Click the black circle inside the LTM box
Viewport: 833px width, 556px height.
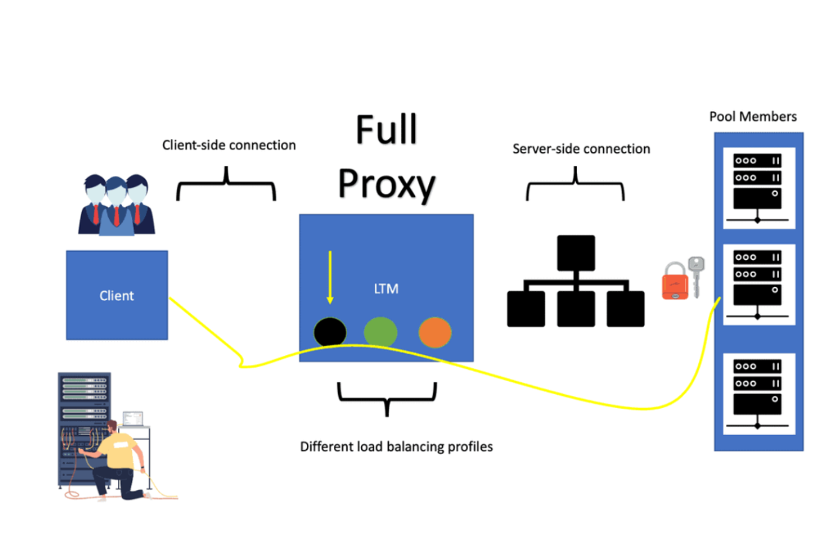pos(330,332)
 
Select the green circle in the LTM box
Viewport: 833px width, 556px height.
pos(380,332)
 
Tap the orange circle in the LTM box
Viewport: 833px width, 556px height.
pos(435,332)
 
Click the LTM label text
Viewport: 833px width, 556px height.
pos(386,288)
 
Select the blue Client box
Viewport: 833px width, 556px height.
pos(117,295)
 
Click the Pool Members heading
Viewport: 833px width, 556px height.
pos(752,117)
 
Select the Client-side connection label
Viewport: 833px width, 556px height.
pos(229,145)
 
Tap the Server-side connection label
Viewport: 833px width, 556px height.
pos(581,149)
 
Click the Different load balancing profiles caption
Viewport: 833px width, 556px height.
pos(396,446)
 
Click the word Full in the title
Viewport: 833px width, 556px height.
pos(387,130)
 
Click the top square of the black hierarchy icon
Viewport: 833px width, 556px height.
pos(575,253)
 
